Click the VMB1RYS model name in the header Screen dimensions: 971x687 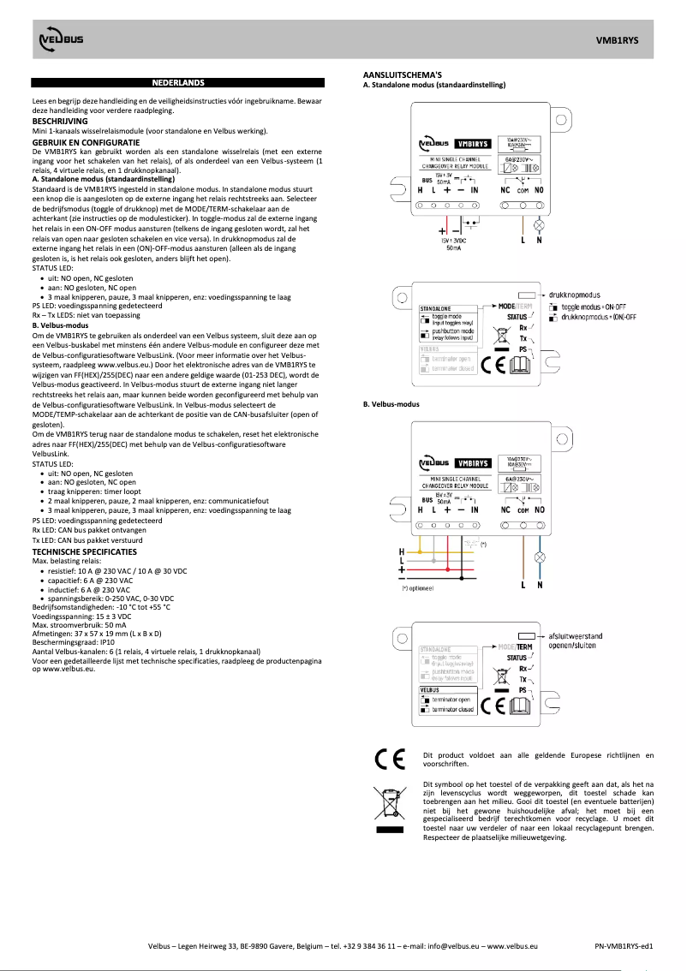[617, 40]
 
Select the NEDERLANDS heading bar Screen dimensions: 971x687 [177, 83]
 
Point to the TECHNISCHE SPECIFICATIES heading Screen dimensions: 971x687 [82, 551]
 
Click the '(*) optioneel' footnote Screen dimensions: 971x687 [419, 588]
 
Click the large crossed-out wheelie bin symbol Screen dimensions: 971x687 [388, 802]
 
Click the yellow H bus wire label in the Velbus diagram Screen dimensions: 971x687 [402, 551]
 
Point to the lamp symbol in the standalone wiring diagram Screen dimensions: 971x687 [539, 223]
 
